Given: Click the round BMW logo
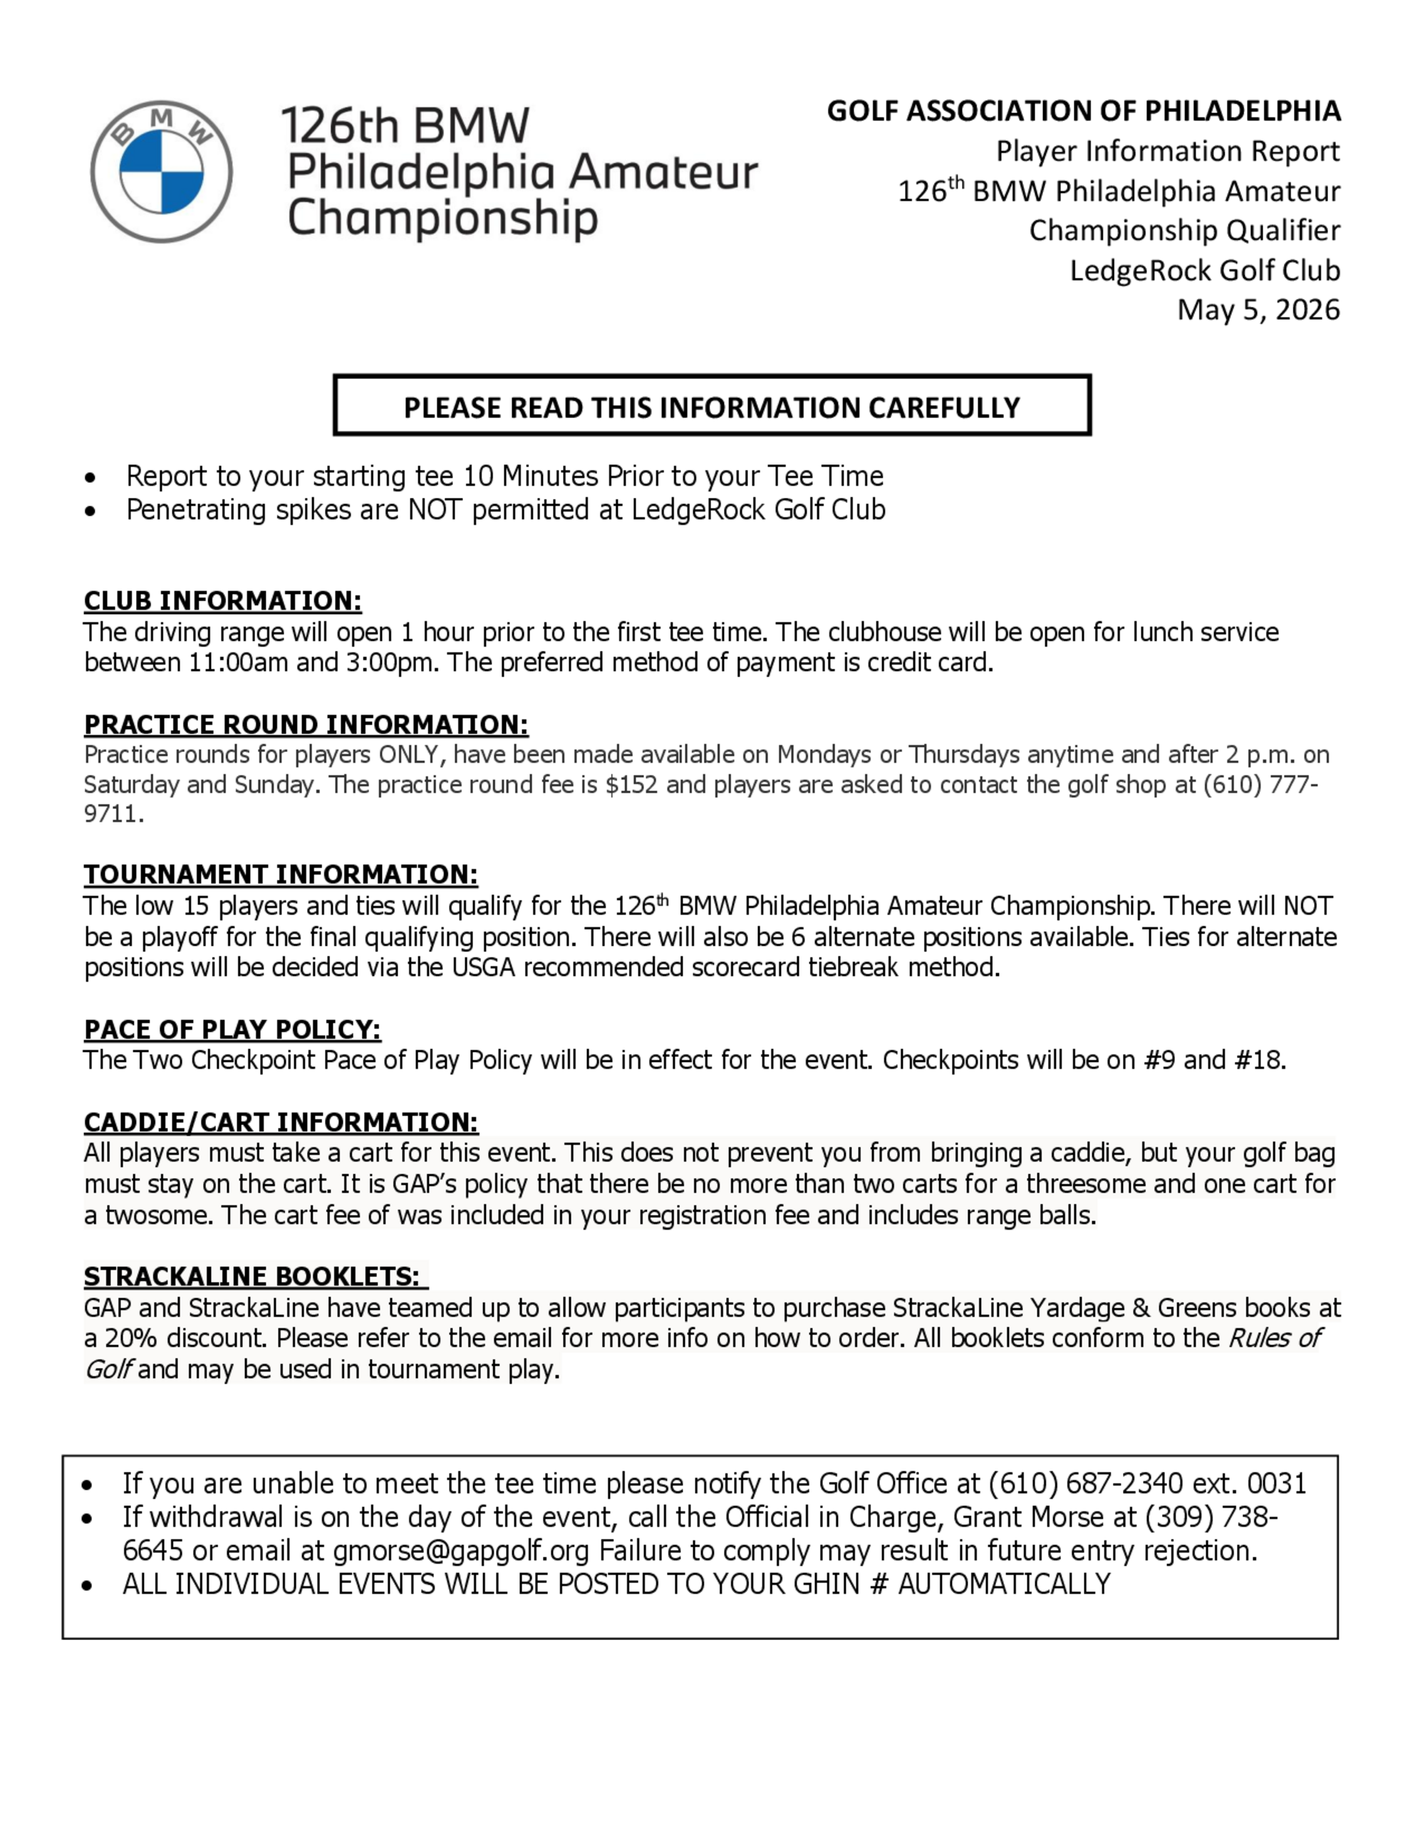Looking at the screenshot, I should [161, 172].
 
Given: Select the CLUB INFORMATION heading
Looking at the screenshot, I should [222, 601].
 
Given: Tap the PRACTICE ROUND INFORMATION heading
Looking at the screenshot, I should [306, 725].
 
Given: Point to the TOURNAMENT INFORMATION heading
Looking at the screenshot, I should [280, 874].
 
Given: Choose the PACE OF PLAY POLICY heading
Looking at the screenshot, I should [232, 1030].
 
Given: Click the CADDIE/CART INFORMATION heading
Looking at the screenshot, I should [280, 1122].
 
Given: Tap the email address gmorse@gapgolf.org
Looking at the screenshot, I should [462, 1551].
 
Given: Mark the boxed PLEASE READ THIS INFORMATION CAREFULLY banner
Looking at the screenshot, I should [712, 406].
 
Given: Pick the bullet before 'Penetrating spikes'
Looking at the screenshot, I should [90, 511].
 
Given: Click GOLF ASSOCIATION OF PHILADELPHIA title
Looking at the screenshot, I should [1083, 111].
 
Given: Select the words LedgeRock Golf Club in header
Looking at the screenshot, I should [1205, 270].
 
